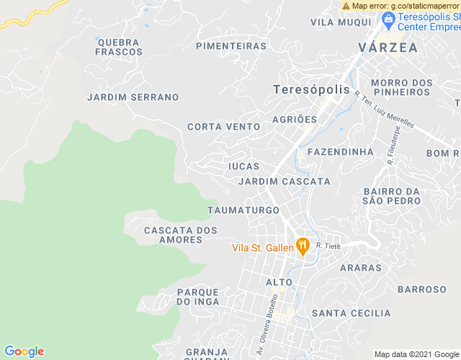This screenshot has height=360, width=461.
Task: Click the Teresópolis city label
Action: [311, 90]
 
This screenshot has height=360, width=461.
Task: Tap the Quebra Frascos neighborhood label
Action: [118, 47]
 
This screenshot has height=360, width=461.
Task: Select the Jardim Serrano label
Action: [133, 96]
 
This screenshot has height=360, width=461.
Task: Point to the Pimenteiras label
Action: [231, 46]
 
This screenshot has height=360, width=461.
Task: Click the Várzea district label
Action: [388, 48]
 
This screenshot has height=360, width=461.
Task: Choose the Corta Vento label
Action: [223, 127]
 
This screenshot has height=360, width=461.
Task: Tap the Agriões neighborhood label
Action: [295, 119]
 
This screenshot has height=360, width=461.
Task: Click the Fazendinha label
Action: [341, 152]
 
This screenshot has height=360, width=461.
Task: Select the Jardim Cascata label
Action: [285, 181]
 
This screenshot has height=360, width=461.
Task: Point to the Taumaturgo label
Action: [243, 210]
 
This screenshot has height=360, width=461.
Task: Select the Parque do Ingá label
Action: [197, 296]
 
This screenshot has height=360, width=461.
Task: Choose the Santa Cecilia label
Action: [351, 313]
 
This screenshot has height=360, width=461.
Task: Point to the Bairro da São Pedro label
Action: [392, 196]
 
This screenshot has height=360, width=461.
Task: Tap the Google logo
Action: [24, 351]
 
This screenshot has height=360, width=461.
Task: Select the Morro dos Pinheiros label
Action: [401, 87]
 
